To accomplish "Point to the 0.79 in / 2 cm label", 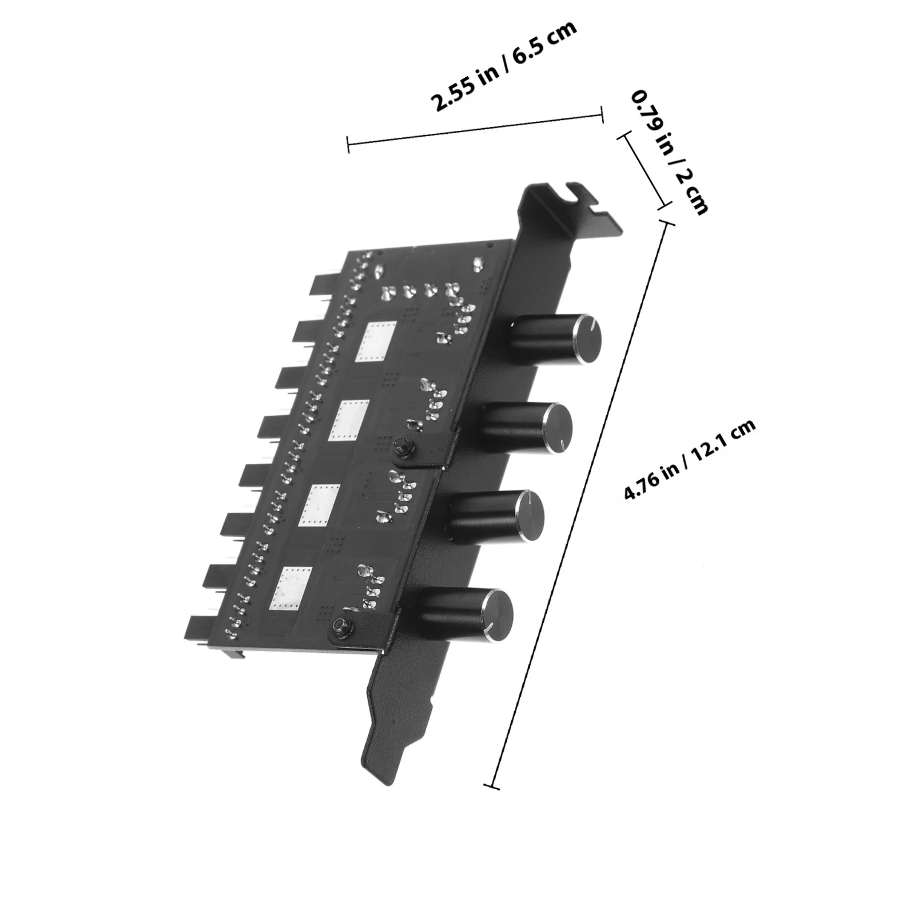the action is pos(669,152).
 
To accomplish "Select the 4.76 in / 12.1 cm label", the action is pos(690,460).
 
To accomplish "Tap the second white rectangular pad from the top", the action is pos(350,420).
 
